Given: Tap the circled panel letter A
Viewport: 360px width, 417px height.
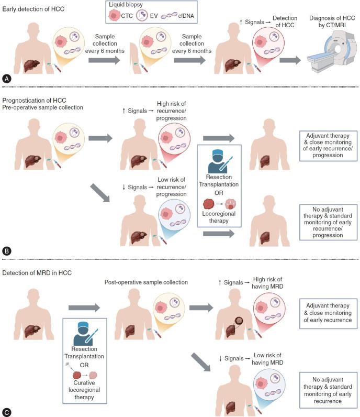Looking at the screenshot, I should [x=7, y=79].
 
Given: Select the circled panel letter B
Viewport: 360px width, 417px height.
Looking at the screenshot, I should [x=7, y=250].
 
